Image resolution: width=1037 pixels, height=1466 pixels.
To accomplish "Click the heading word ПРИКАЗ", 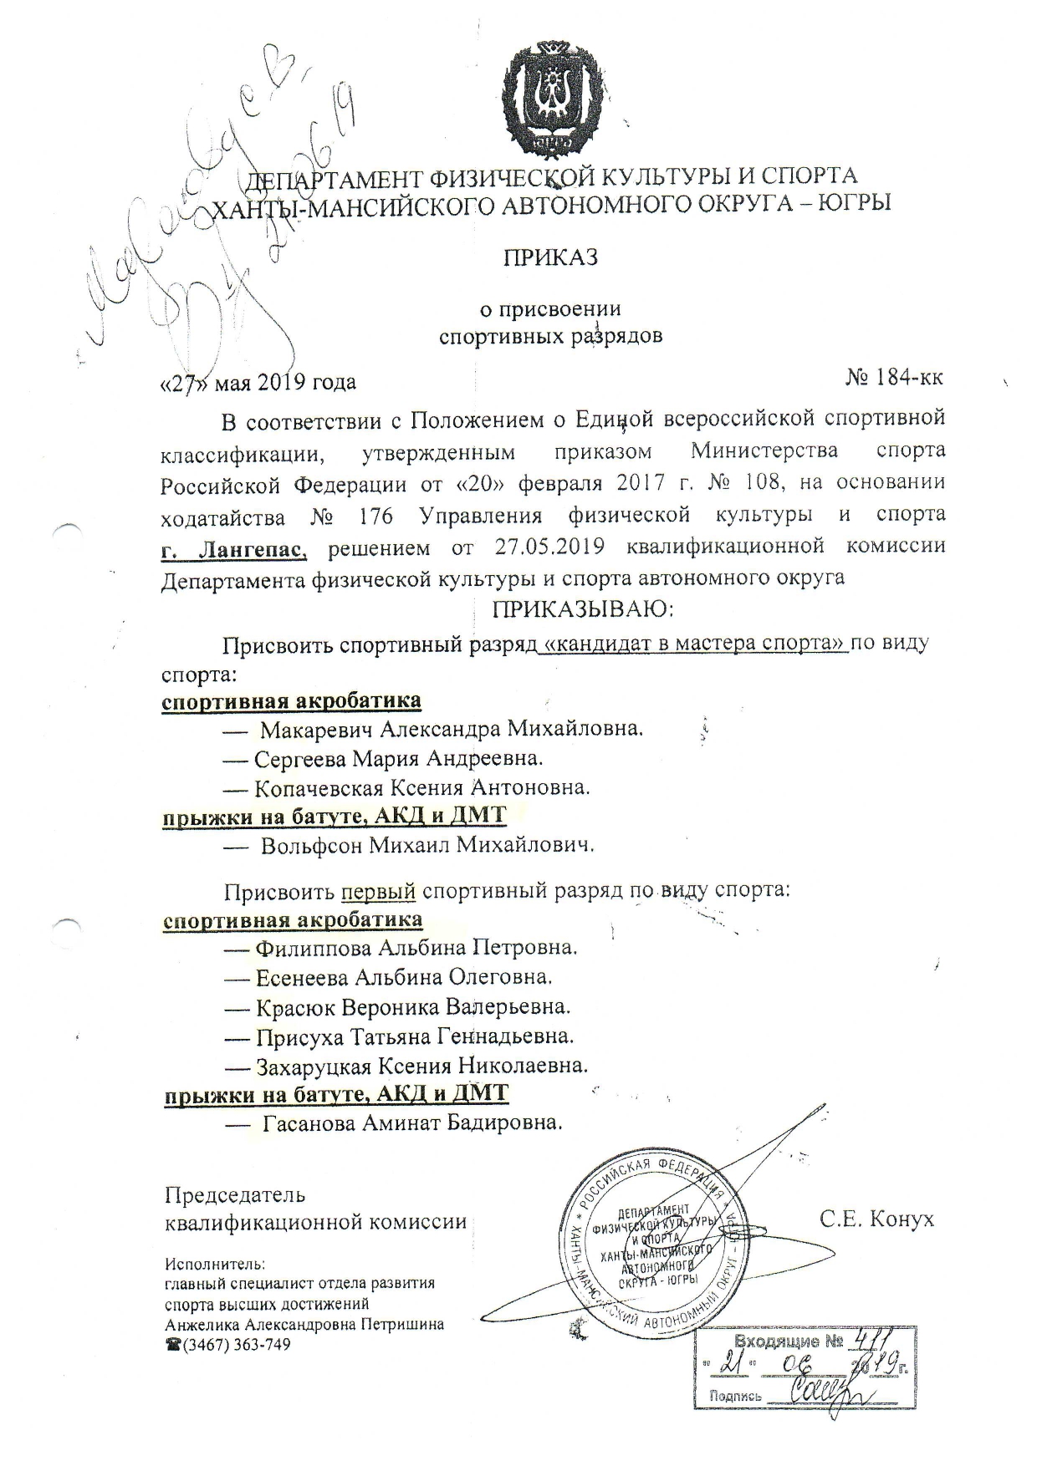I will [x=549, y=257].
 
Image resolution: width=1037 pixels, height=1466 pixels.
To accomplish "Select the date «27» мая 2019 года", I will [x=258, y=382].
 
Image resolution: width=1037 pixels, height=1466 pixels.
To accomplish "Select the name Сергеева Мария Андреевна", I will [x=399, y=759].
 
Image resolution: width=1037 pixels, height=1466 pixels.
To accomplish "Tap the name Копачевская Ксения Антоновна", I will [x=422, y=787].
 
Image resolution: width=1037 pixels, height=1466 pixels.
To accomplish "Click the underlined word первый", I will [x=379, y=891].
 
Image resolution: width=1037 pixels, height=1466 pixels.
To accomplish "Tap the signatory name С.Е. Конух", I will [x=876, y=1220].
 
